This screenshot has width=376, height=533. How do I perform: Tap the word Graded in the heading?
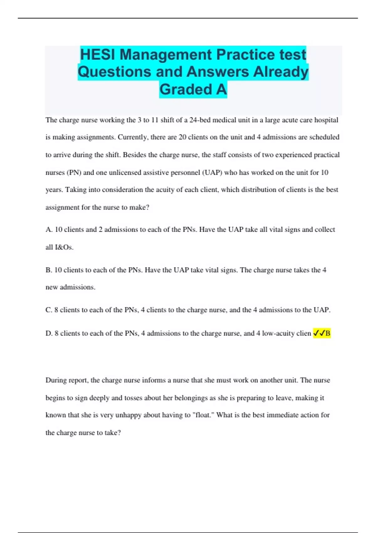[186, 89]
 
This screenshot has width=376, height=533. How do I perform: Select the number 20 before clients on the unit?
[182, 137]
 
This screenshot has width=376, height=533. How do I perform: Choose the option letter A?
[49, 230]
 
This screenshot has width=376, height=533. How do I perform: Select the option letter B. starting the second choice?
[49, 270]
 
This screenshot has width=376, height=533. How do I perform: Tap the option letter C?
[49, 310]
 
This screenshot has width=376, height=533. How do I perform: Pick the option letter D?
[49, 333]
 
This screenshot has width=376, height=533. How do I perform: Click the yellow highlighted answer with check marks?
[322, 333]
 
